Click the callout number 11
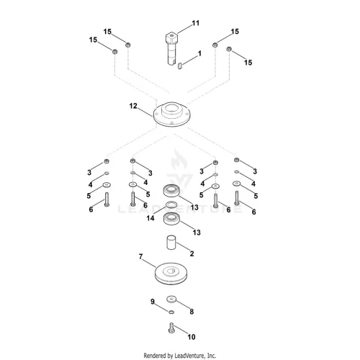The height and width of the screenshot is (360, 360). (196, 23)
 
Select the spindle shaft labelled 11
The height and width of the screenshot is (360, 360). (172, 48)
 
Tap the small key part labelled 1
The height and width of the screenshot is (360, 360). (180, 66)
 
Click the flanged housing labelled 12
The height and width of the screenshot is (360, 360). (171, 114)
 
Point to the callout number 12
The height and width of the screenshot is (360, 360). (133, 106)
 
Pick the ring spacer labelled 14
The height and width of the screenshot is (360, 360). (171, 204)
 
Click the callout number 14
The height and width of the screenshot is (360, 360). (150, 218)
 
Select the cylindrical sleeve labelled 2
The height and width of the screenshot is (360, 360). (171, 243)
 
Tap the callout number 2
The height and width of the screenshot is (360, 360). (192, 253)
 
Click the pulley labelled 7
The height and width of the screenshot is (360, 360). (171, 274)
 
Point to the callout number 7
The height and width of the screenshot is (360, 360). (140, 256)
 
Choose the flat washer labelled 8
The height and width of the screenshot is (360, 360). (171, 299)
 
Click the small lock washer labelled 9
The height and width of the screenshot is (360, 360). (171, 312)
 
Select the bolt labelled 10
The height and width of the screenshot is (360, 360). (171, 328)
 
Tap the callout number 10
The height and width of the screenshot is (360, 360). (192, 337)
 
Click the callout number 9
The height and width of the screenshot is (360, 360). (153, 302)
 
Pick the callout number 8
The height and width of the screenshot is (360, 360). (192, 312)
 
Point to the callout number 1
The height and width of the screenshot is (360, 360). (199, 53)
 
